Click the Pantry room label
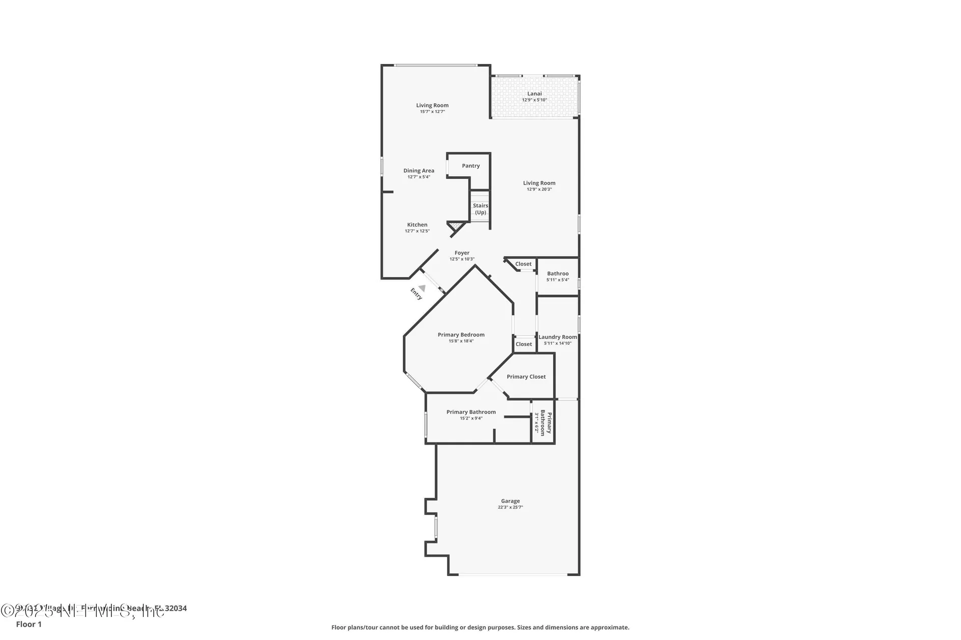click(x=470, y=166)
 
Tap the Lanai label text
click(x=535, y=93)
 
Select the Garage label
click(x=511, y=501)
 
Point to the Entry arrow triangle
click(x=422, y=288)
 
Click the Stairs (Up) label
click(x=480, y=209)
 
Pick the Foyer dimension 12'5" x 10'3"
click(x=462, y=259)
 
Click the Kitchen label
click(x=417, y=225)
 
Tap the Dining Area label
click(x=419, y=171)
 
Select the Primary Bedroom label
click(x=461, y=335)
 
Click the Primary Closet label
click(x=526, y=377)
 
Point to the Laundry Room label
click(x=558, y=337)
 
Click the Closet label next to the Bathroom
click(x=524, y=264)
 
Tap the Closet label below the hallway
click(x=524, y=344)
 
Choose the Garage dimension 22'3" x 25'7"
click(x=511, y=507)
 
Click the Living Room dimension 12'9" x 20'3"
click(x=539, y=189)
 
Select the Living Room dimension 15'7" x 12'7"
click(x=432, y=111)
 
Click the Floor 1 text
click(x=29, y=624)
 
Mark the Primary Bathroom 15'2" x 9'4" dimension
click(x=471, y=418)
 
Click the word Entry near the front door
click(x=416, y=294)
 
